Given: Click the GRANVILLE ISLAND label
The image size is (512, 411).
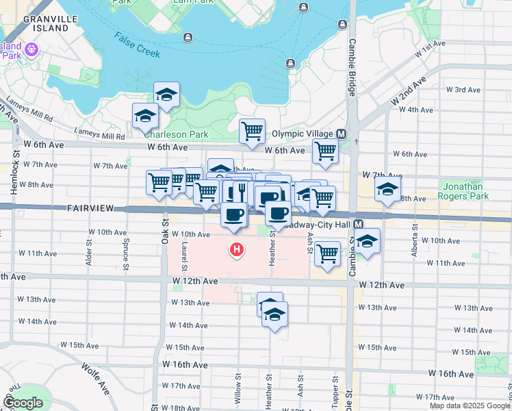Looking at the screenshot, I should tap(46, 24).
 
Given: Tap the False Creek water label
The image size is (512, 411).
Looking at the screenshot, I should tap(137, 45).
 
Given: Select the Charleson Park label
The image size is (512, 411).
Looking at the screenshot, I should tap(183, 134).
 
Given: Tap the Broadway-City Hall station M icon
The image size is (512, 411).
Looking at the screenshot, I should tap(358, 224).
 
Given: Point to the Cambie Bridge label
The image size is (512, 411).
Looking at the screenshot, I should tap(351, 69).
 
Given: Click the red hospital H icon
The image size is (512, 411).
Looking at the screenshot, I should tap(237, 250).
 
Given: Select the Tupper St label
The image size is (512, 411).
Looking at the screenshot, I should tap(336, 388).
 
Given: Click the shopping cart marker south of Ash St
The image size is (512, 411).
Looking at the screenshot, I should tap(328, 253).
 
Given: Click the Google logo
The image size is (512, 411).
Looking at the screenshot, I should tap(23, 403).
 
